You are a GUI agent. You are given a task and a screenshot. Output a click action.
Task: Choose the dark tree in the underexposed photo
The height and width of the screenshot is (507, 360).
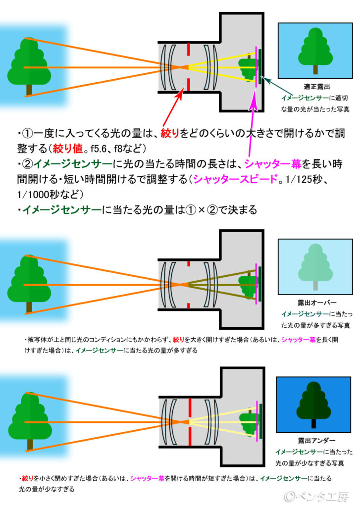[x=314, y=404]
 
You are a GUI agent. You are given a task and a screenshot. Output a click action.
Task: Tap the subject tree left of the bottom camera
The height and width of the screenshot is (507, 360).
[x=29, y=418]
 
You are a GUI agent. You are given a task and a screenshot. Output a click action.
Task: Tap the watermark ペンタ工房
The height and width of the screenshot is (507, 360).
[x=322, y=496]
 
